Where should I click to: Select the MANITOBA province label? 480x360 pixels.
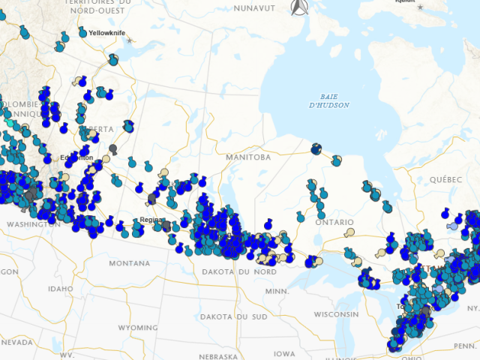(x=248, y=157)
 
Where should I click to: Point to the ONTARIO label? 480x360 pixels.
(x=334, y=223)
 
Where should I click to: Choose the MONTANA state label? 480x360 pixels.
(x=129, y=263)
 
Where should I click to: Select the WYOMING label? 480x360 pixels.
(x=137, y=328)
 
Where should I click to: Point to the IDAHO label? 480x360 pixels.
(x=60, y=289)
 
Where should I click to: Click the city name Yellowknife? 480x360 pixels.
(x=107, y=33)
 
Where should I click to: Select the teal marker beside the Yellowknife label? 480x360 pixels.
(x=82, y=33)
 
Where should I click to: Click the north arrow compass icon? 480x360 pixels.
(x=299, y=7)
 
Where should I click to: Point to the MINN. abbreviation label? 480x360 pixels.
(x=276, y=290)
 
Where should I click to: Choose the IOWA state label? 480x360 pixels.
(x=284, y=353)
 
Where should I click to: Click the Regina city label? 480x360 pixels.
(x=151, y=220)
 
